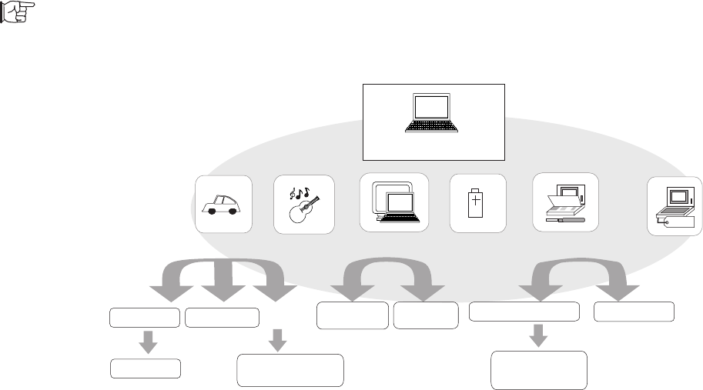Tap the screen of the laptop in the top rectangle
pos(432,106)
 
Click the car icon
pos(223,205)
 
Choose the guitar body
pos(297,212)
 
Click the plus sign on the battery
pos(477,202)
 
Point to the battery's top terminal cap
pos(477,188)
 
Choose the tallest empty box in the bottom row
pos(538,370)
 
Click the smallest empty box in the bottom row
pos(146,368)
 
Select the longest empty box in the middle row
pos(524,312)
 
